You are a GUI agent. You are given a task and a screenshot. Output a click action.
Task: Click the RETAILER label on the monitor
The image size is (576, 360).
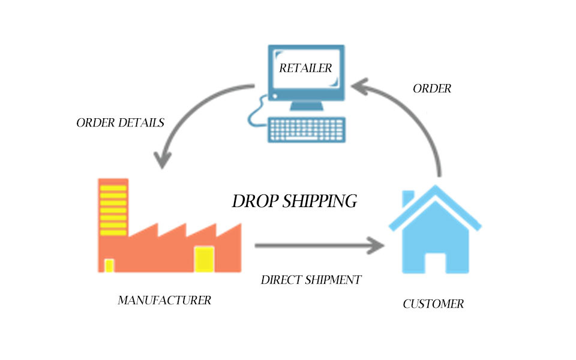point(305,68)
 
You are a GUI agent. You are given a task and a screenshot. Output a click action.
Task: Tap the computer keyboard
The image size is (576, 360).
point(307,129)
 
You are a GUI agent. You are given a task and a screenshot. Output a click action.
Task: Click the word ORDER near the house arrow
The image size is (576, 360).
point(431,89)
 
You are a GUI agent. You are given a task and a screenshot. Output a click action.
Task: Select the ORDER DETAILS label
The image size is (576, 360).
point(120,123)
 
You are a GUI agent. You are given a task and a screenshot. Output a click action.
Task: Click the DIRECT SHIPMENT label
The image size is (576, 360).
point(311,280)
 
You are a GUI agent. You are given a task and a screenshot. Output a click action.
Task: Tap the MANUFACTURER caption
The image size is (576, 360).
point(164,300)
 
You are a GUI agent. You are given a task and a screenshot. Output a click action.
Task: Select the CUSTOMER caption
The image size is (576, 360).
point(433,304)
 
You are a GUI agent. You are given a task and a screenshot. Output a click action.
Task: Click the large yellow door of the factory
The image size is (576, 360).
point(204,259)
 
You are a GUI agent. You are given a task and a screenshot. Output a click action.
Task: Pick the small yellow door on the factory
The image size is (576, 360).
point(109,266)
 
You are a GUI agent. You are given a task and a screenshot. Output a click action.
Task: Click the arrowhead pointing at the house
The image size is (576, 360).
point(377,245)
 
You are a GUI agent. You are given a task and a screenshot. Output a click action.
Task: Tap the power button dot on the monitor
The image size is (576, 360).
point(274,96)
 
